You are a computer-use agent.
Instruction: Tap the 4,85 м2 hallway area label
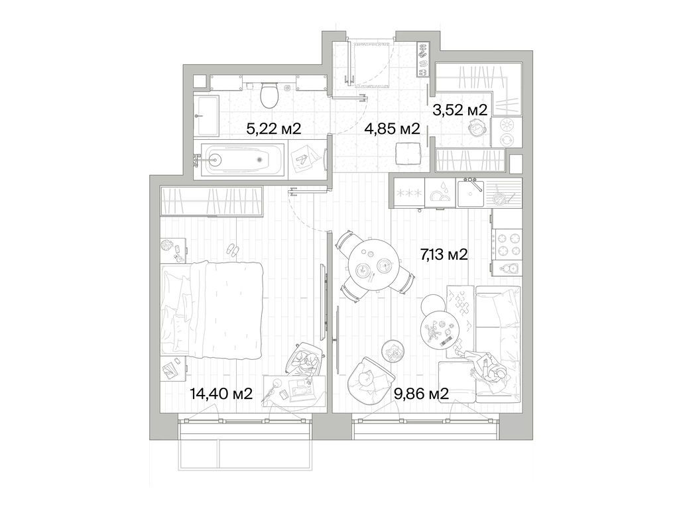(392, 129)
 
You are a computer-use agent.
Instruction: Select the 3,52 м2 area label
(460, 110)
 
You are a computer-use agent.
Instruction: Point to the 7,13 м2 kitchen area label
(444, 253)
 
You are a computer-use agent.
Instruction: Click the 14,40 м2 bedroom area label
(221, 394)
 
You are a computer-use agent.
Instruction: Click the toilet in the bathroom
(269, 95)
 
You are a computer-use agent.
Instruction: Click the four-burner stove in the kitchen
(507, 244)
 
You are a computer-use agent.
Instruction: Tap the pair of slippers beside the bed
(233, 250)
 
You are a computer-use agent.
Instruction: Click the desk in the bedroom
(294, 391)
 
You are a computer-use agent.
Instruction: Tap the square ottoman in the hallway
(406, 154)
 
